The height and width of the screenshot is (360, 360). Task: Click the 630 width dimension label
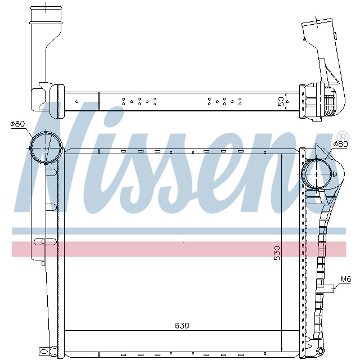182,326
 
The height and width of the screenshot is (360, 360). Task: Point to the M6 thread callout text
345,280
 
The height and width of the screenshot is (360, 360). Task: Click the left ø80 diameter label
19,124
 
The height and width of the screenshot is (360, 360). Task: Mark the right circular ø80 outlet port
317,174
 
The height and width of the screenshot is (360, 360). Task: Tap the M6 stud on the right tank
328,289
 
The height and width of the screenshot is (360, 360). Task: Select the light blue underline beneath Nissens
180,231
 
